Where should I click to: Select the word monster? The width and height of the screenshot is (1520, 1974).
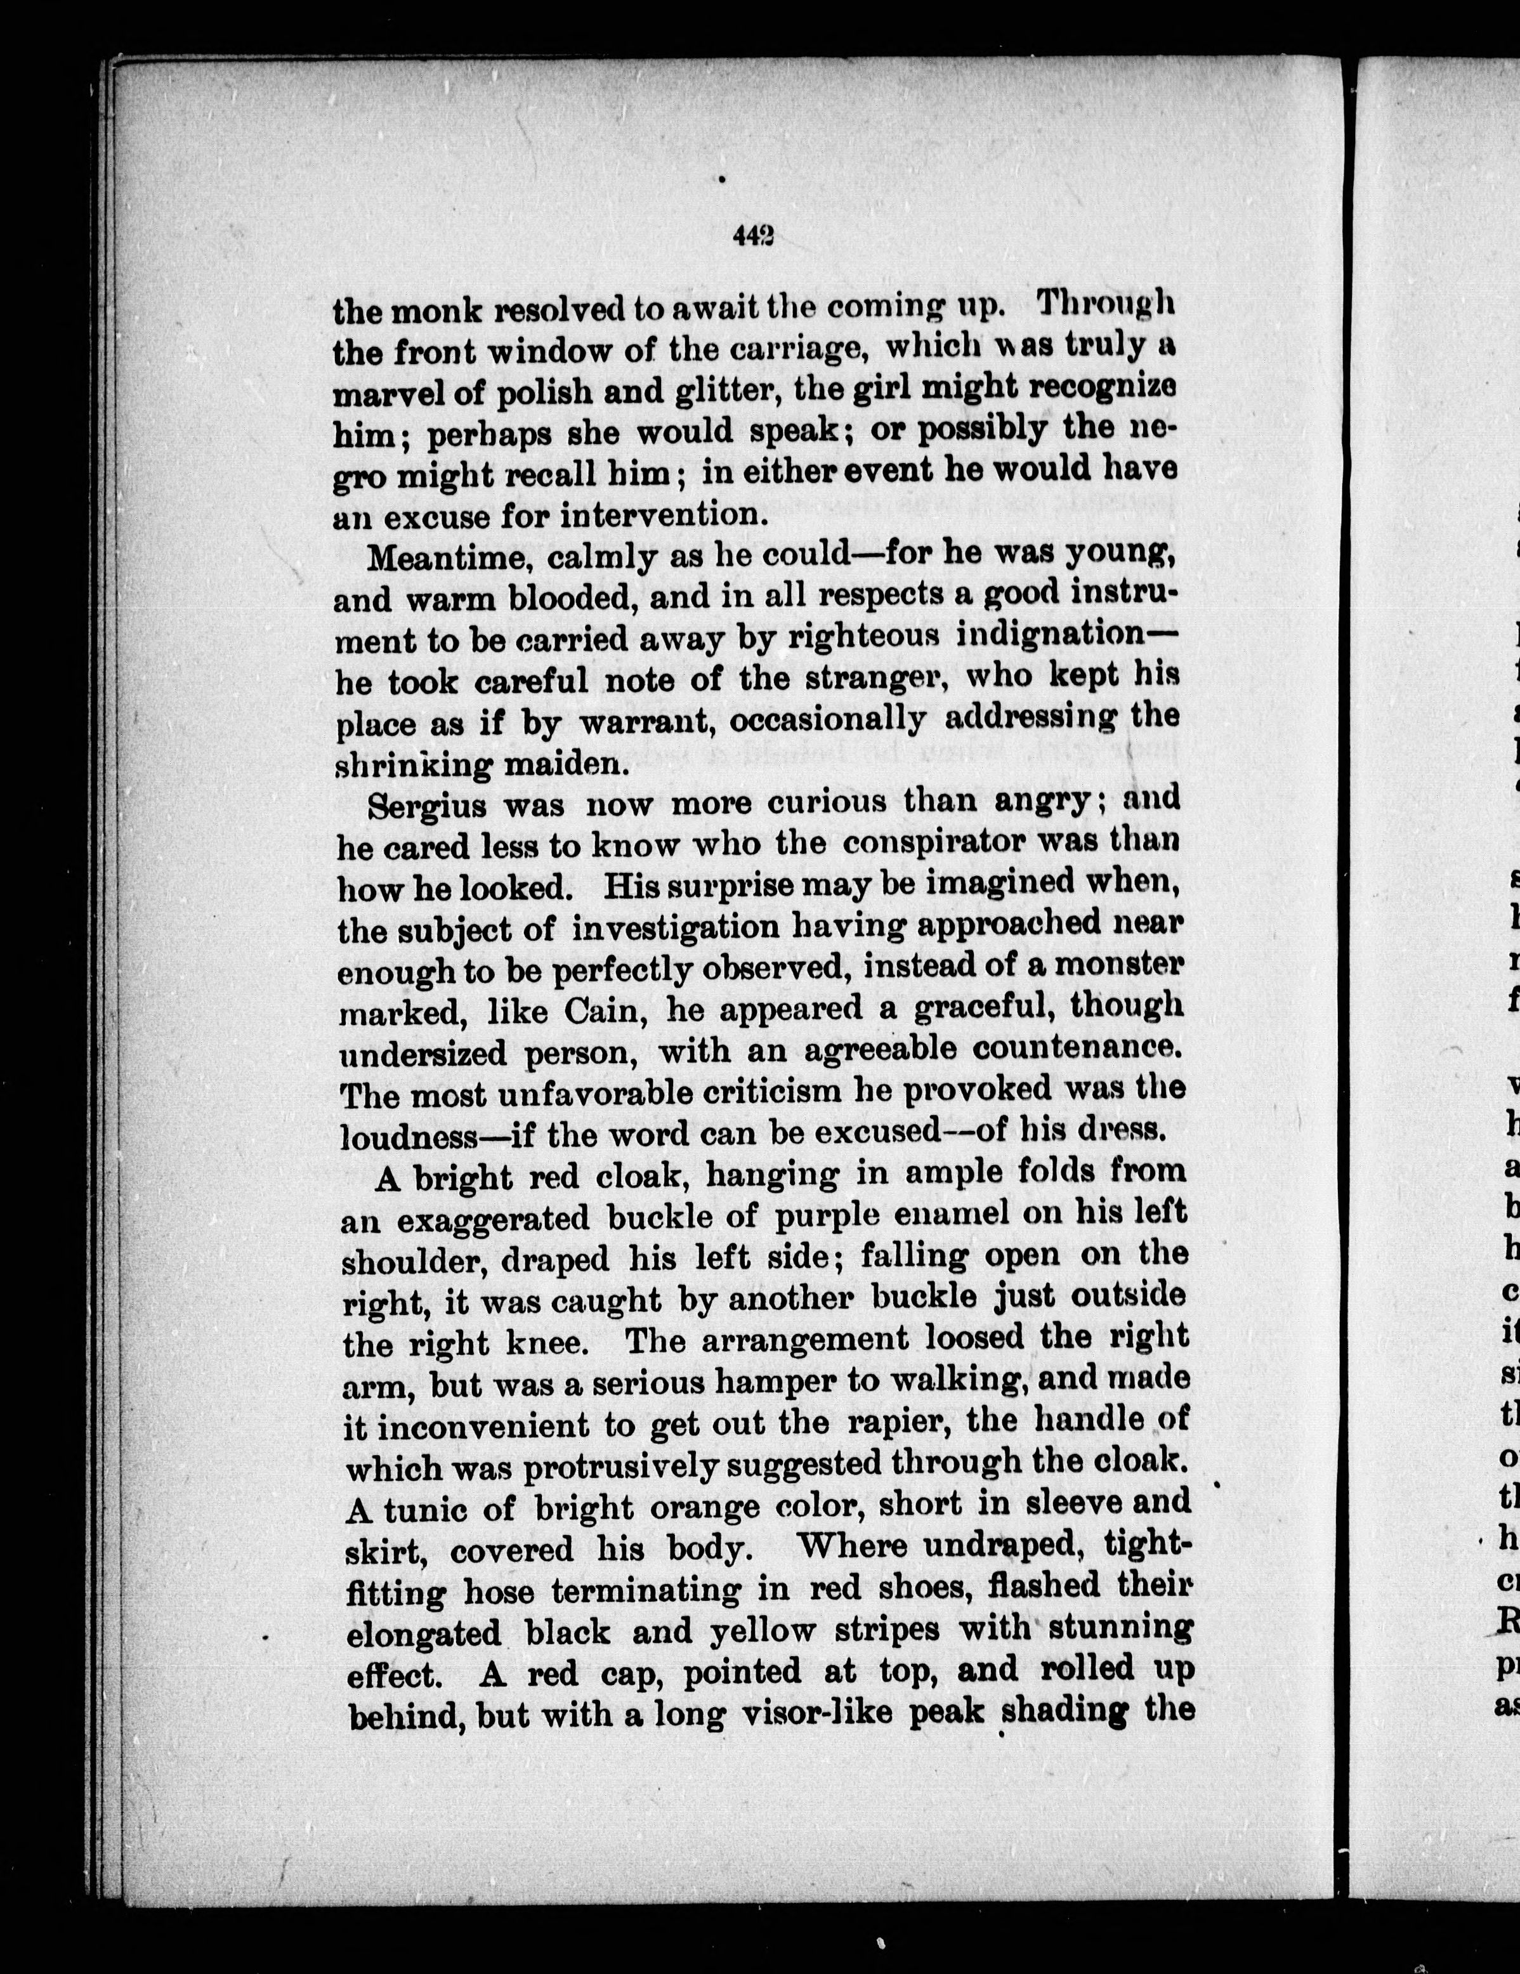point(1119,965)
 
